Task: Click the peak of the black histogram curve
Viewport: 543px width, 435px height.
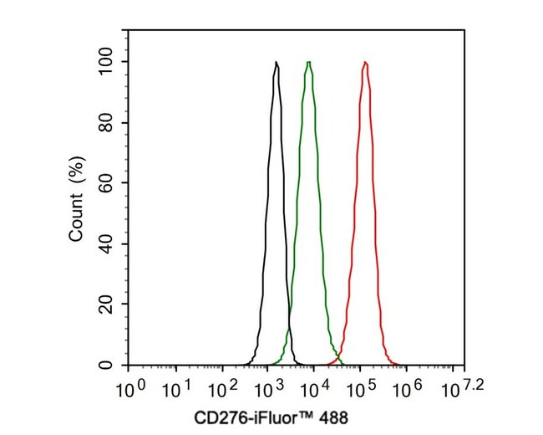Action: pyautogui.click(x=277, y=63)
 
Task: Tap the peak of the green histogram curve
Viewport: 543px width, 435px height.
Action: pyautogui.click(x=309, y=63)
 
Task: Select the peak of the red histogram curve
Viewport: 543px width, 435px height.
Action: pyautogui.click(x=365, y=63)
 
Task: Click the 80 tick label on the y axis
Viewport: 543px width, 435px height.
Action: pyautogui.click(x=108, y=123)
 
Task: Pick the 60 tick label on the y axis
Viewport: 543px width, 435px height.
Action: pyautogui.click(x=108, y=183)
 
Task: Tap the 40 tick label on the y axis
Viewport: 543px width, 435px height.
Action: pyautogui.click(x=108, y=244)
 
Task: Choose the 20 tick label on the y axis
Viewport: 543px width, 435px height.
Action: pyautogui.click(x=108, y=305)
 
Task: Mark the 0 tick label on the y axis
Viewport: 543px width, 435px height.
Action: pyautogui.click(x=112, y=366)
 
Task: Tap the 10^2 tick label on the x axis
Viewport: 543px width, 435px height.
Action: pyautogui.click(x=221, y=390)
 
